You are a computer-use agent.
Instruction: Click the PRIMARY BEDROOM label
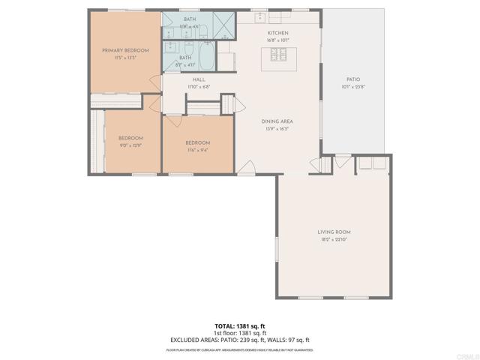tap(125, 50)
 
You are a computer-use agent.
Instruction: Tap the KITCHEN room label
tap(277, 34)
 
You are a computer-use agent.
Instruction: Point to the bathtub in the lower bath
tap(205, 57)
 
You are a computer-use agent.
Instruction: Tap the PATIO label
tap(352, 79)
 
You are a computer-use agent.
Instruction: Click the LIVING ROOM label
tap(334, 232)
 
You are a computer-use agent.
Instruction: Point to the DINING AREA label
tap(277, 121)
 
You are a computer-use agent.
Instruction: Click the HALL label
tap(199, 79)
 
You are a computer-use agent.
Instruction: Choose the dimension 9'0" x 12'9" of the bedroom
tap(130, 145)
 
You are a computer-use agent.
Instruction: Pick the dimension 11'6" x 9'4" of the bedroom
tap(198, 150)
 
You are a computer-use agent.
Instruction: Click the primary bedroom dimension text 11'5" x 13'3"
tap(125, 57)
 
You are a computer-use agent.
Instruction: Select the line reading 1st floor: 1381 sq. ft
tap(240, 332)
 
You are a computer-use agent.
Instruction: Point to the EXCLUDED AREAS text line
tap(240, 339)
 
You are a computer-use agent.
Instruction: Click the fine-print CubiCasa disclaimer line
tap(240, 349)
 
